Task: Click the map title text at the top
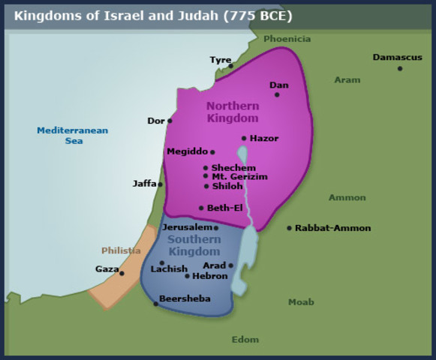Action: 152,15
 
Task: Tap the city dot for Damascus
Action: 400,68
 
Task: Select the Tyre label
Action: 220,60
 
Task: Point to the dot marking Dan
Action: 277,94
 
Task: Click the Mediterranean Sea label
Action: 72,136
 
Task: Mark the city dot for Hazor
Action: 244,138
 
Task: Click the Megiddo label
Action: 187,151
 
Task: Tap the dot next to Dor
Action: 170,121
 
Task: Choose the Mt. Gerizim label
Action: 239,176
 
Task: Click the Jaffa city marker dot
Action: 161,184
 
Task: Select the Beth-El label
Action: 224,208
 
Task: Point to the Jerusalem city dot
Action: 216,228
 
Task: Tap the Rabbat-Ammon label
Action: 332,228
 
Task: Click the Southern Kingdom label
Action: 194,245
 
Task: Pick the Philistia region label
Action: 121,250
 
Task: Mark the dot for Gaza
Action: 122,273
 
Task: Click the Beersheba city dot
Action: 156,304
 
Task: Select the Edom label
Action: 245,340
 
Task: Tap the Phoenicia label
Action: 287,39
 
